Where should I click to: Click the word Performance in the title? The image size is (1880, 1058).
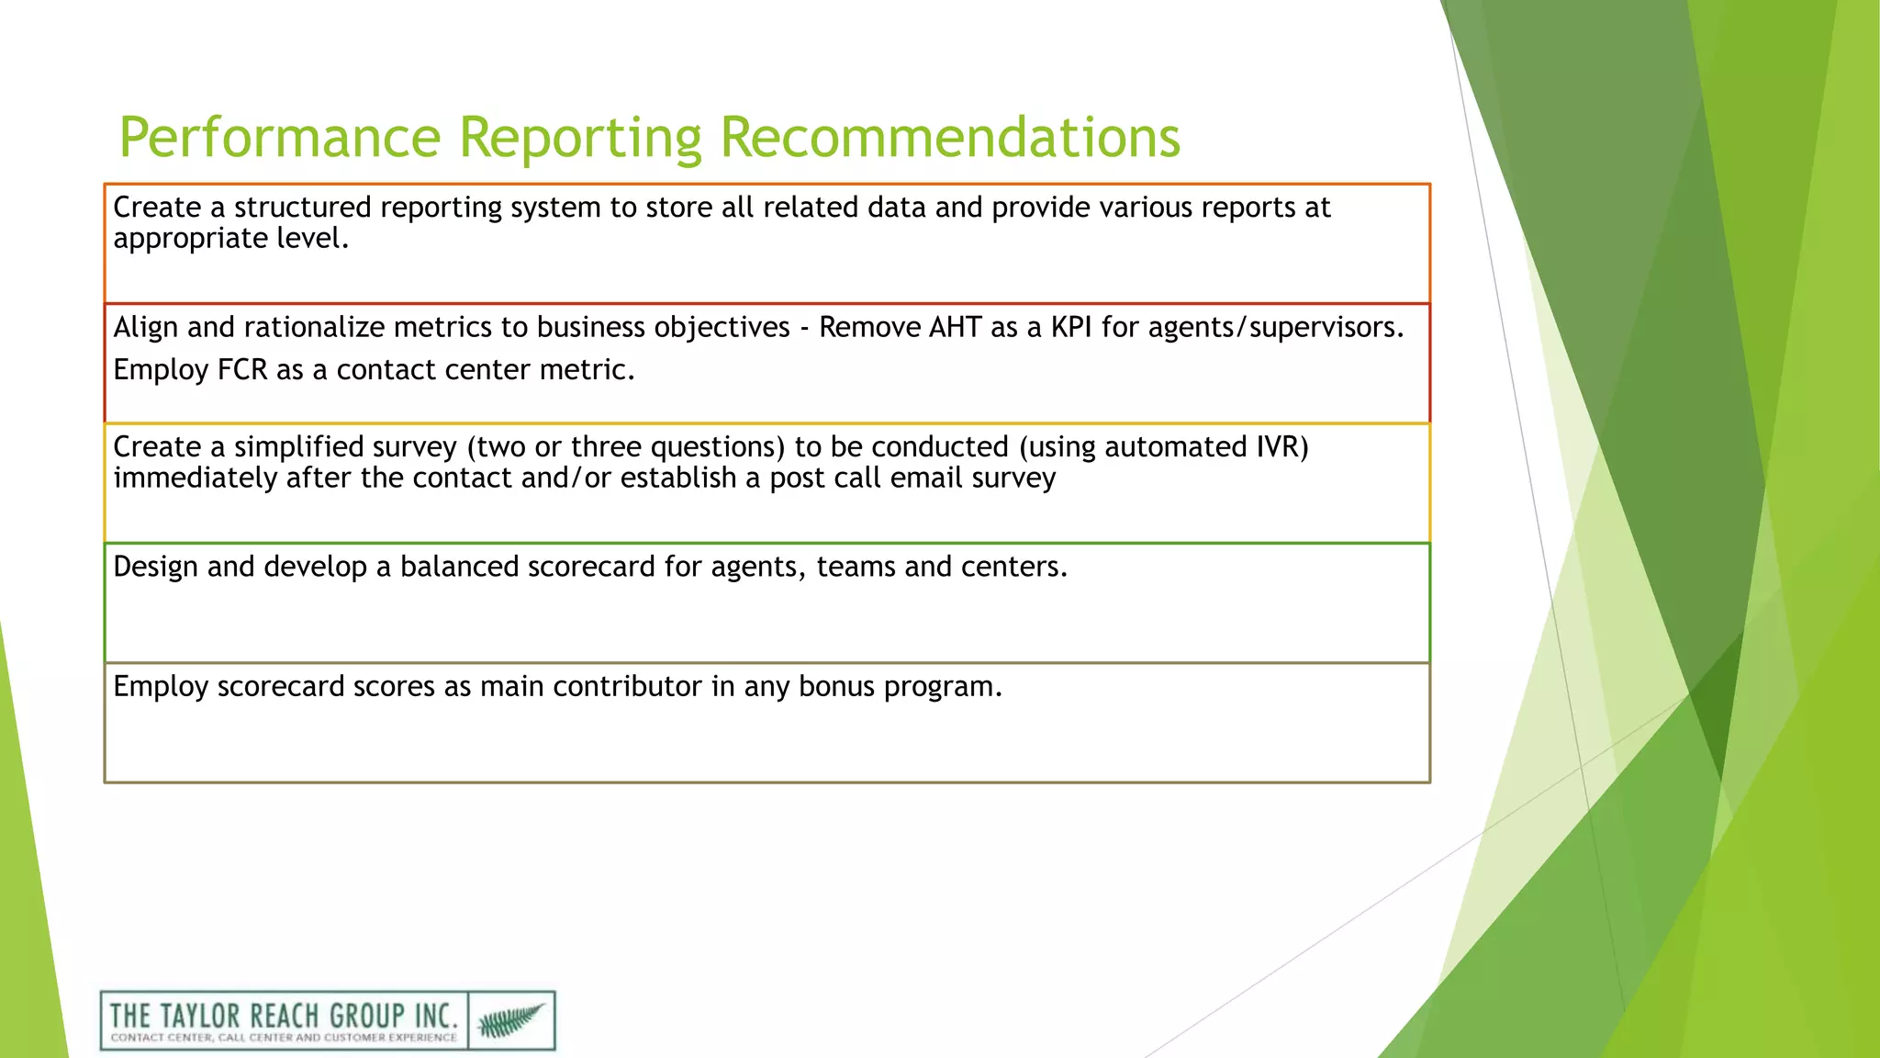280,138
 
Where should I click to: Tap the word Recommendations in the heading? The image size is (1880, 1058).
949,138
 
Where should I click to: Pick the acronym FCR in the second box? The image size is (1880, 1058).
241,369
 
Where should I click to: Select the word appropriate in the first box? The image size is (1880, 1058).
190,239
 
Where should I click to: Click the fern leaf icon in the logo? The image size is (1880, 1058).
511,1019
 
